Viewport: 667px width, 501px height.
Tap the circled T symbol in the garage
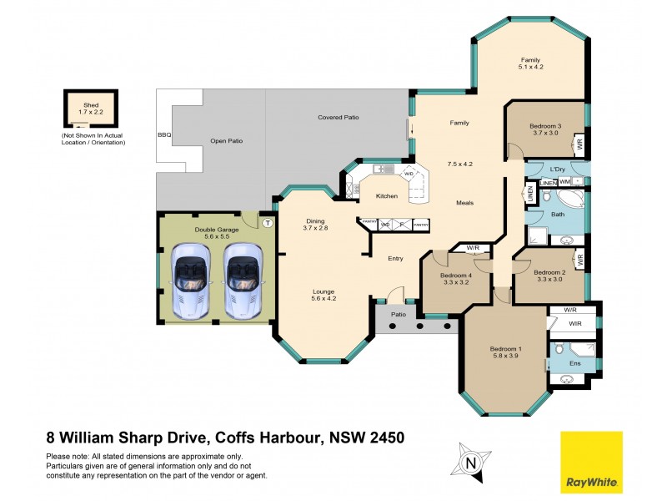(x=268, y=223)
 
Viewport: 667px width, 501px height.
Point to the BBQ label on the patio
(x=164, y=134)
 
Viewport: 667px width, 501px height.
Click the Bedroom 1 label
(x=506, y=348)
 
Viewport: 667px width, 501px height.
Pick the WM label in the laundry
(x=564, y=182)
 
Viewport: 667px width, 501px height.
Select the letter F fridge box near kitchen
(x=401, y=224)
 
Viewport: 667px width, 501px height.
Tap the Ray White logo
(x=590, y=462)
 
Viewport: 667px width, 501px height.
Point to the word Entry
(x=395, y=259)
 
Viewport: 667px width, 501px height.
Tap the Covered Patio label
(x=338, y=118)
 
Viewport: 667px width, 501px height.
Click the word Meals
(x=465, y=203)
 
